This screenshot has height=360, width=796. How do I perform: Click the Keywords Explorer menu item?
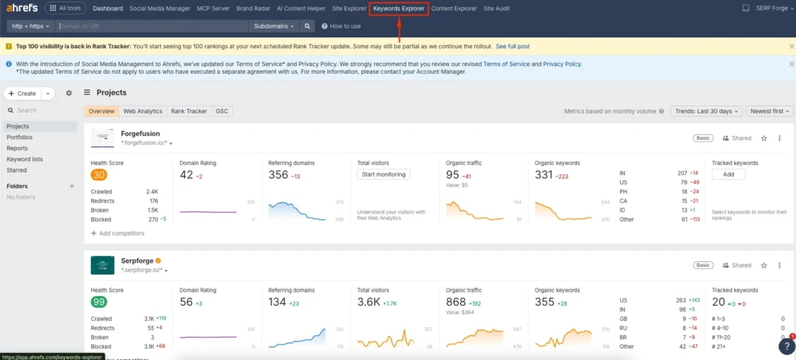pyautogui.click(x=399, y=9)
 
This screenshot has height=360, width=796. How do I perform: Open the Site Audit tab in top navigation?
pyautogui.click(x=497, y=9)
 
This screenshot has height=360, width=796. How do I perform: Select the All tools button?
pyautogui.click(x=66, y=9)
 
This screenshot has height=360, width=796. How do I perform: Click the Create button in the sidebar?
pyautogui.click(x=22, y=93)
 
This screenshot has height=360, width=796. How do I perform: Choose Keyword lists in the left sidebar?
pyautogui.click(x=24, y=159)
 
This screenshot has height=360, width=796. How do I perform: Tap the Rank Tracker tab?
pyautogui.click(x=189, y=111)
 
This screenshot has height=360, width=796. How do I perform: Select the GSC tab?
pyautogui.click(x=222, y=111)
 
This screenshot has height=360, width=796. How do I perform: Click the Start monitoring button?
pyautogui.click(x=383, y=174)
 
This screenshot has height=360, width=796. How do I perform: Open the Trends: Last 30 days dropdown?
pyautogui.click(x=706, y=111)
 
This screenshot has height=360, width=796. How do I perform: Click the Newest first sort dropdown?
pyautogui.click(x=770, y=111)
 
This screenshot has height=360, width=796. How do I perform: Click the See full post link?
pyautogui.click(x=513, y=47)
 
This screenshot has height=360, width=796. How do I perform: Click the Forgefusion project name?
pyautogui.click(x=140, y=134)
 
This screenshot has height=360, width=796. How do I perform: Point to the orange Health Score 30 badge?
pyautogui.click(x=99, y=175)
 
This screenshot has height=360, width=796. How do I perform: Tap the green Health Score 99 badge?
pyautogui.click(x=99, y=302)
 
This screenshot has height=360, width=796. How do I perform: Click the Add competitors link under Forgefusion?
pyautogui.click(x=121, y=232)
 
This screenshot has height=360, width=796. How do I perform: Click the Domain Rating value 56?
pyautogui.click(x=187, y=302)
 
